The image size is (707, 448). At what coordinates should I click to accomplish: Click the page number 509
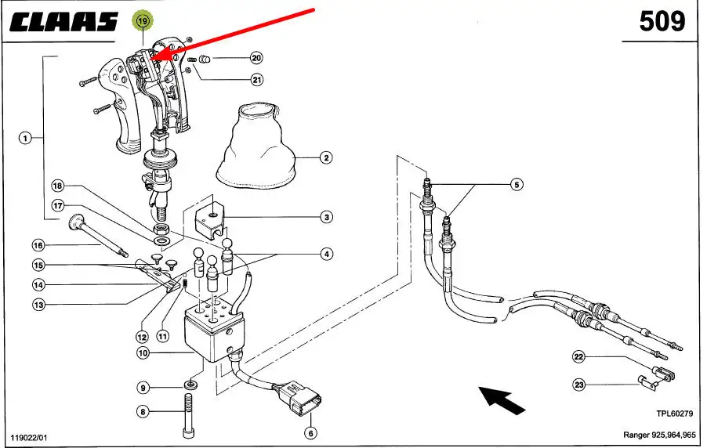(662, 21)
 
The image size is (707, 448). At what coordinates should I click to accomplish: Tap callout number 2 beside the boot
(326, 157)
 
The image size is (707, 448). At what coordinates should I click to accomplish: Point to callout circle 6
(310, 432)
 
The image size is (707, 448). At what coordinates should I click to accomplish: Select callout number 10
(143, 354)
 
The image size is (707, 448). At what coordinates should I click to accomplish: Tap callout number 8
(143, 410)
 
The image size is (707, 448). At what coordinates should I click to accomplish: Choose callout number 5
(516, 185)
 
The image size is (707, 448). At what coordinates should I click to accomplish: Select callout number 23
(579, 384)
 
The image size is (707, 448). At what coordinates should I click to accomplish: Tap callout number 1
(26, 139)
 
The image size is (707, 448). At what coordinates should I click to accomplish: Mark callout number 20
(256, 58)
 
